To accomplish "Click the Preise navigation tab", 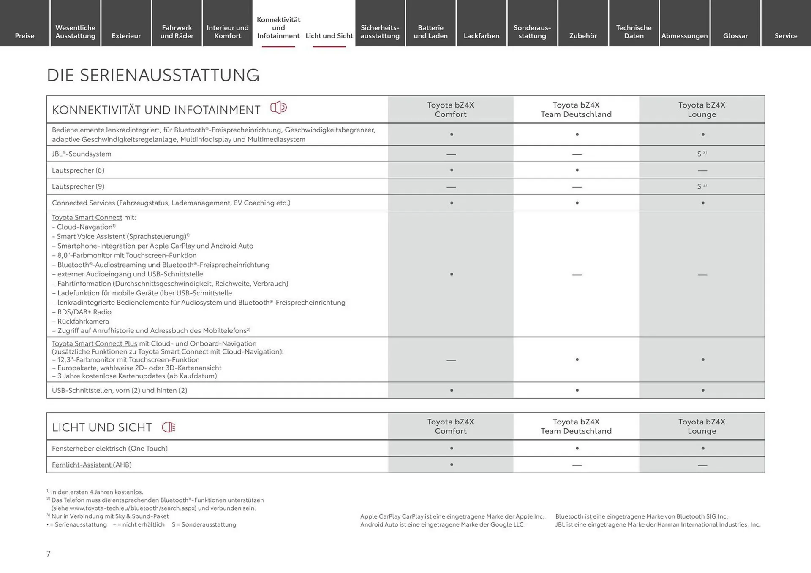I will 24,36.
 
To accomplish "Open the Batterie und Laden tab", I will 430,32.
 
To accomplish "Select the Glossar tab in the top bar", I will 735,36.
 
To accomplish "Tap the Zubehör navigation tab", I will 582,36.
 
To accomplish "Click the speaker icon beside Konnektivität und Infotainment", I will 278,108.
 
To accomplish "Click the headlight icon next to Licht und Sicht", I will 169,427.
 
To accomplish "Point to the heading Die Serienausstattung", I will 153,75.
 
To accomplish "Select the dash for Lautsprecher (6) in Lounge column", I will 702,171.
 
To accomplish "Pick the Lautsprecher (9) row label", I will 78,186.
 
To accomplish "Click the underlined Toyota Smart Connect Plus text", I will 94,343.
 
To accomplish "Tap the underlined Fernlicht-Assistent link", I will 82,465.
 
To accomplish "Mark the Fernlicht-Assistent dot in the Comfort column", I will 451,465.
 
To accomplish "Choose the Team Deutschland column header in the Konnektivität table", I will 576,110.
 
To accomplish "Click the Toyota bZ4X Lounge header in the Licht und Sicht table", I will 701,426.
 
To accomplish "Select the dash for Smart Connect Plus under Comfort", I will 451,360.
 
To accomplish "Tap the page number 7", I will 49,554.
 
